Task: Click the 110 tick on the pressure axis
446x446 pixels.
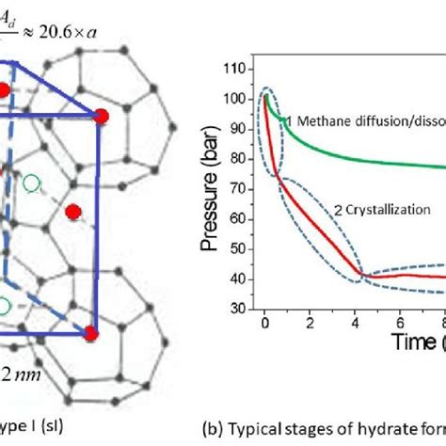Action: coord(242,70)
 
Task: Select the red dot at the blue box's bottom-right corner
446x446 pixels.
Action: coord(91,332)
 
